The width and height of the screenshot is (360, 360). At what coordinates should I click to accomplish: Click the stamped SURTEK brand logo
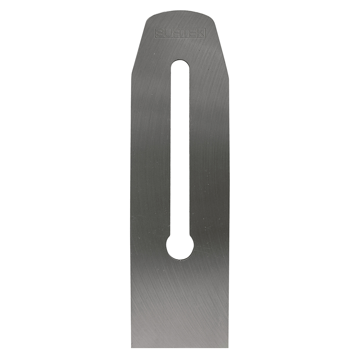coord(180,33)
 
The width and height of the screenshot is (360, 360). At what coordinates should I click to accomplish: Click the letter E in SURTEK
coord(192,33)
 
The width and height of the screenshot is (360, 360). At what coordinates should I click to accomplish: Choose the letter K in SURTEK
coord(200,33)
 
